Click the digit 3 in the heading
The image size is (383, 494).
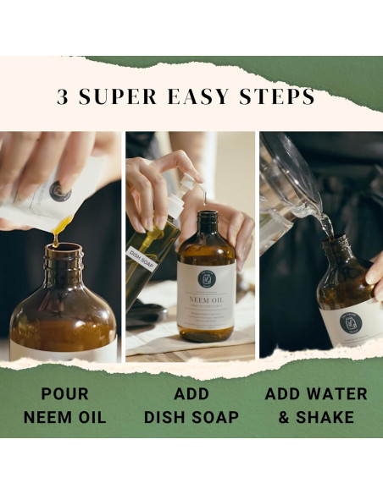click(x=64, y=97)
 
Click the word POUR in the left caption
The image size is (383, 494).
click(x=64, y=395)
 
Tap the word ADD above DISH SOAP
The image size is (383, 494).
click(x=191, y=395)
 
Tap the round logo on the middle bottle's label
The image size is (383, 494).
click(x=206, y=278)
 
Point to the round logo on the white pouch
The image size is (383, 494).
click(x=59, y=191)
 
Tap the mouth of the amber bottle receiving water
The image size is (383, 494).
click(x=335, y=241)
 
